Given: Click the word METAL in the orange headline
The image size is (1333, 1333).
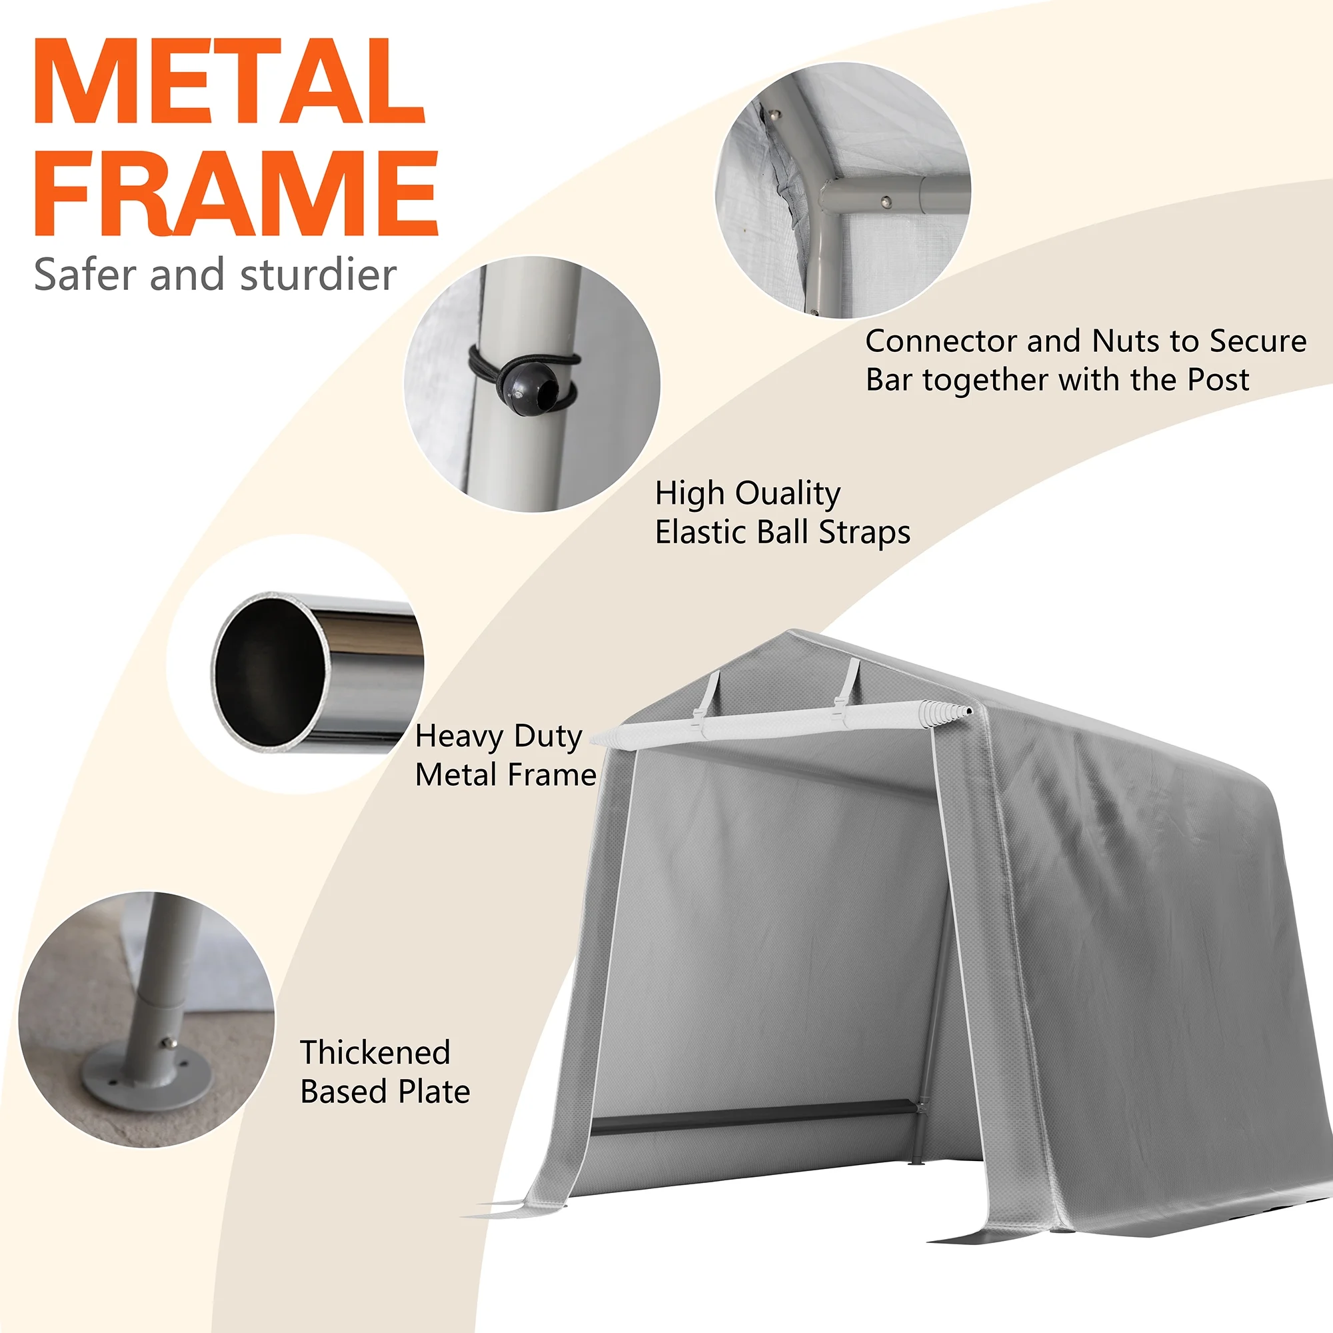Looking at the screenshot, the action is pyautogui.click(x=229, y=81).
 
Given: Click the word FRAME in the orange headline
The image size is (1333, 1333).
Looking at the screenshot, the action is pyautogui.click(x=237, y=193).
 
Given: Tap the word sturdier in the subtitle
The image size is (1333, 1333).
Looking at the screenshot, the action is pyautogui.click(x=318, y=275).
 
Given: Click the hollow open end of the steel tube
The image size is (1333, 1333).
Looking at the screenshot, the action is pyautogui.click(x=271, y=670).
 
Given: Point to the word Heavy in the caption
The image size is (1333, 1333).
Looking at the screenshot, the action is pyautogui.click(x=460, y=738).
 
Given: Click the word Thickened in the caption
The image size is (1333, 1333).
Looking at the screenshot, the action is pyautogui.click(x=375, y=1053).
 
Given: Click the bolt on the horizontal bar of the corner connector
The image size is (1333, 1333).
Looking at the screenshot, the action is pyautogui.click(x=886, y=202).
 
